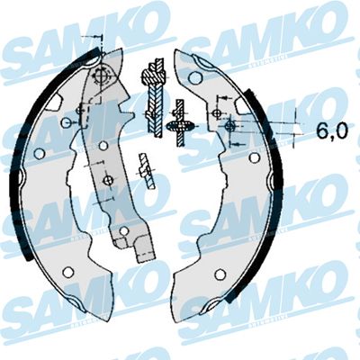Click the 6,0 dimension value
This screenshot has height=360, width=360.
click(331, 131)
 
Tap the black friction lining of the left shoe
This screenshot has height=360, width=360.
click(16, 180)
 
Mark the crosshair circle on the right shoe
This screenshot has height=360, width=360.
click(231, 127)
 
